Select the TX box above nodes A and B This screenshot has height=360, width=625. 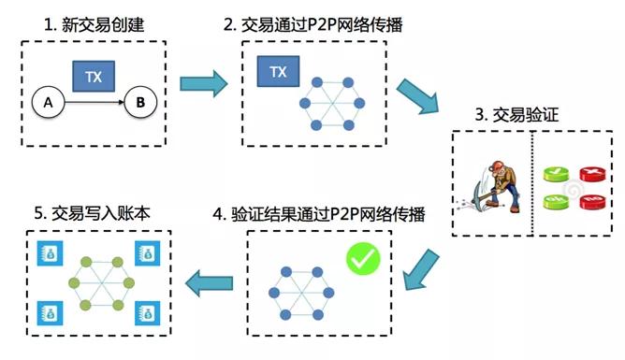[94, 77]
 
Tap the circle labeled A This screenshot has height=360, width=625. [44, 102]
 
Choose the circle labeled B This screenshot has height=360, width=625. [139, 102]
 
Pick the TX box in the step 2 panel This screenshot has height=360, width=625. [278, 71]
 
